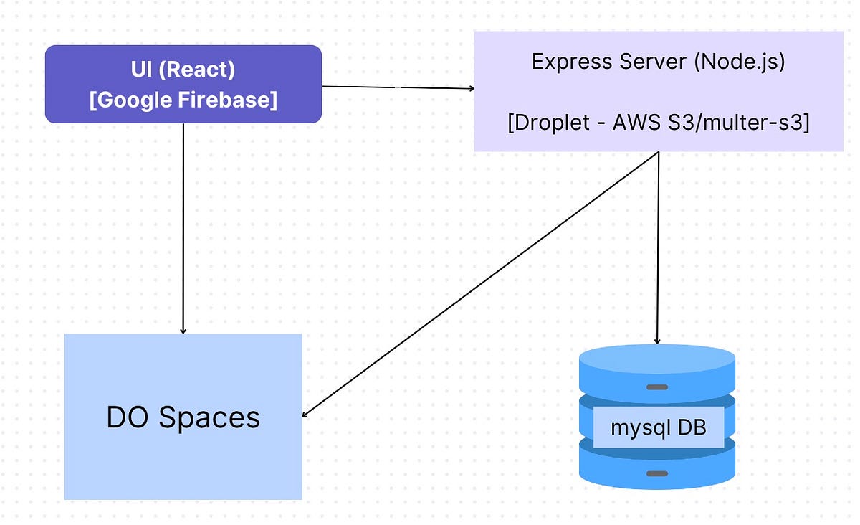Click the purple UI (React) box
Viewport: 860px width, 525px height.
[x=183, y=84]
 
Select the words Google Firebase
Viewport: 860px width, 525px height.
[x=183, y=100]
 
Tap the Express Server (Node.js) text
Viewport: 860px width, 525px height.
[x=658, y=61]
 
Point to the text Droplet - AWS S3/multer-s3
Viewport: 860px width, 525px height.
[x=658, y=123]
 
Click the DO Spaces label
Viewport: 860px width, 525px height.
[x=183, y=417]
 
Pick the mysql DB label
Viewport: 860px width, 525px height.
[x=658, y=428]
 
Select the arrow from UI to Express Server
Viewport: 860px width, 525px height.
[x=398, y=87]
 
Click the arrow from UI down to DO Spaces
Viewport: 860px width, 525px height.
[x=183, y=230]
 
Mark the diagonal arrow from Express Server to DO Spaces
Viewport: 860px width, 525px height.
[x=480, y=284]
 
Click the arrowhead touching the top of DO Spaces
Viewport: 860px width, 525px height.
[x=183, y=330]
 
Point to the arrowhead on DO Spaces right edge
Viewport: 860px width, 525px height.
[x=306, y=414]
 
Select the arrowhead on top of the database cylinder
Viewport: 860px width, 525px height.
[x=658, y=340]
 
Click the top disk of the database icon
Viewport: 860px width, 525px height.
[x=657, y=369]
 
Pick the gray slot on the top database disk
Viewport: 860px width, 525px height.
[x=657, y=387]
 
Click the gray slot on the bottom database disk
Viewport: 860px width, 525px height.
[x=657, y=473]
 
